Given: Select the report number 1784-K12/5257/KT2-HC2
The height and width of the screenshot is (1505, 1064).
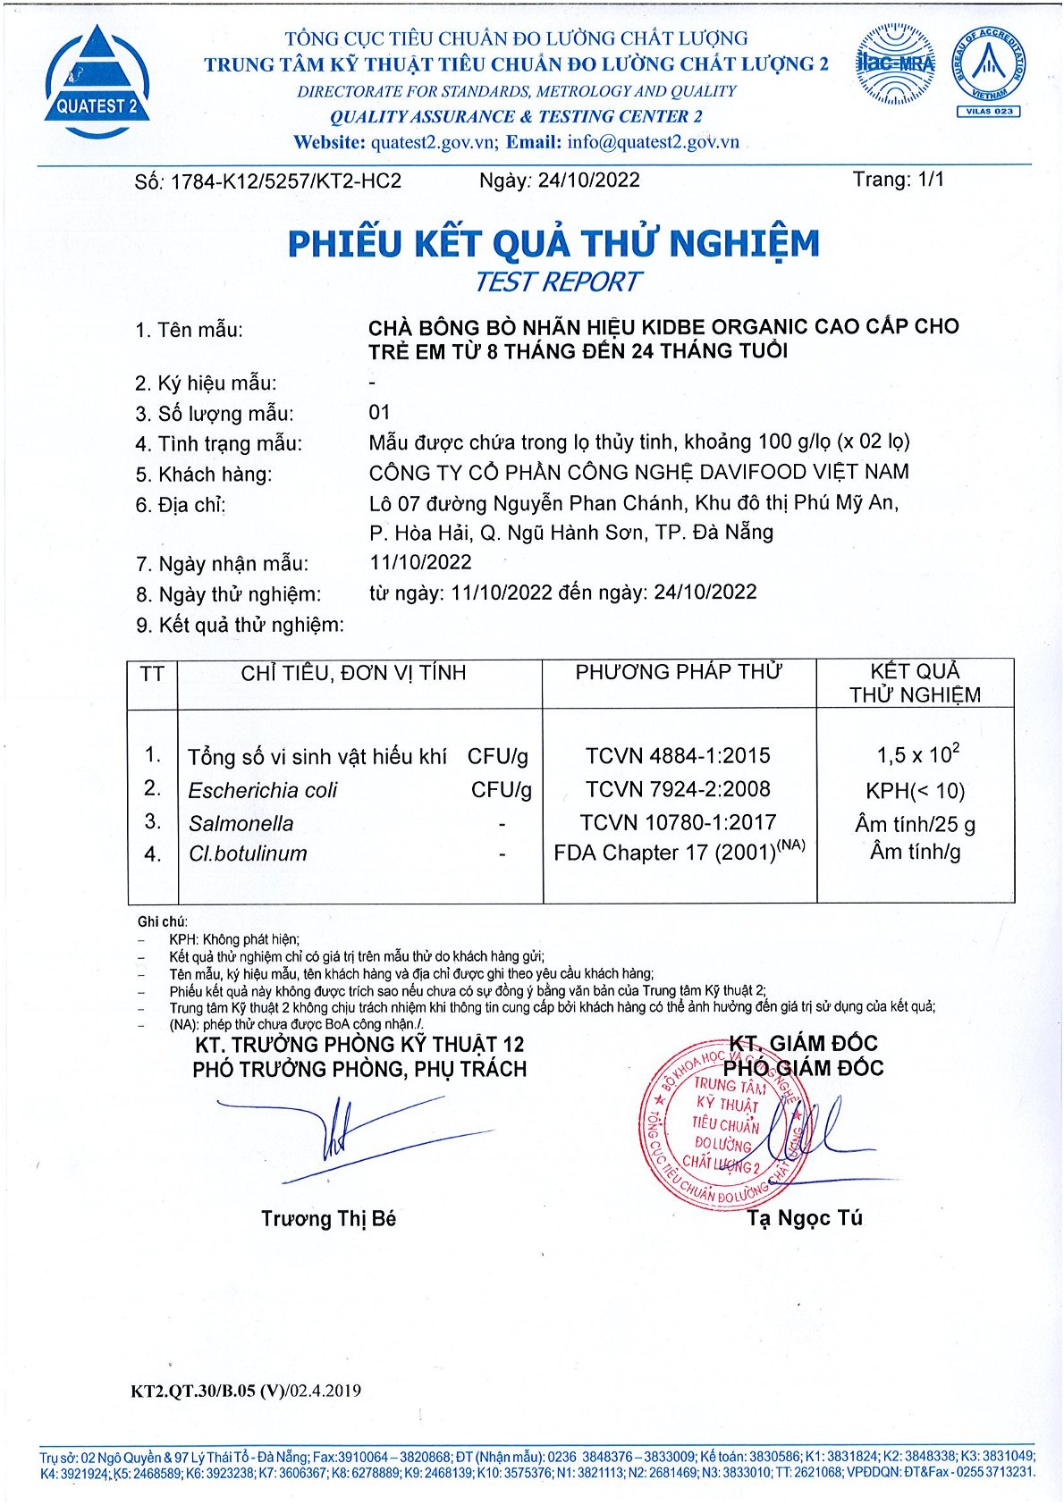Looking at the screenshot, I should tap(285, 181).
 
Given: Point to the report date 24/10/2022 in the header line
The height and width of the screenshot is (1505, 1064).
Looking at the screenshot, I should tap(588, 181).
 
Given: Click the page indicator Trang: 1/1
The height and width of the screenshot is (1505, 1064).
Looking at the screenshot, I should tap(898, 180).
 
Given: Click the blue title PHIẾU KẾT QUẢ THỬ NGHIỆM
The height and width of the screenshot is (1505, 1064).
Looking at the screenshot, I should tap(553, 244).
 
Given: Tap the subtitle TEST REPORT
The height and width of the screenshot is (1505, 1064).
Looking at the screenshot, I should tap(556, 282).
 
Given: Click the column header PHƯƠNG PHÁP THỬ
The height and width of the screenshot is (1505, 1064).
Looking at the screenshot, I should tap(679, 672).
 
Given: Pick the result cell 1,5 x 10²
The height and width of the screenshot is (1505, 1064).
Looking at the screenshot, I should tap(917, 754).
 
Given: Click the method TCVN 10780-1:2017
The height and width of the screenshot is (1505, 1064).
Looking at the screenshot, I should tap(678, 822).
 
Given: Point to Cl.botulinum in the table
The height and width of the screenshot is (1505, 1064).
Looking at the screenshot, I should tap(248, 853).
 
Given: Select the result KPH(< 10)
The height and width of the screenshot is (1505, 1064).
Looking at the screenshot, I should tap(915, 790).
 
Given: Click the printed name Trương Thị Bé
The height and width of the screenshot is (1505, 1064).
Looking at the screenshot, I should tap(328, 1219).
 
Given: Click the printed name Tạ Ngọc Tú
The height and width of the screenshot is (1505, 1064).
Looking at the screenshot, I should tap(805, 1218).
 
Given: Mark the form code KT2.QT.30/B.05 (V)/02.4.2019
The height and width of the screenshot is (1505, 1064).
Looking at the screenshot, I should tap(246, 1391).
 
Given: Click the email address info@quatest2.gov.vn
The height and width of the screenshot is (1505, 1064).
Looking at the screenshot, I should tap(653, 142).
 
